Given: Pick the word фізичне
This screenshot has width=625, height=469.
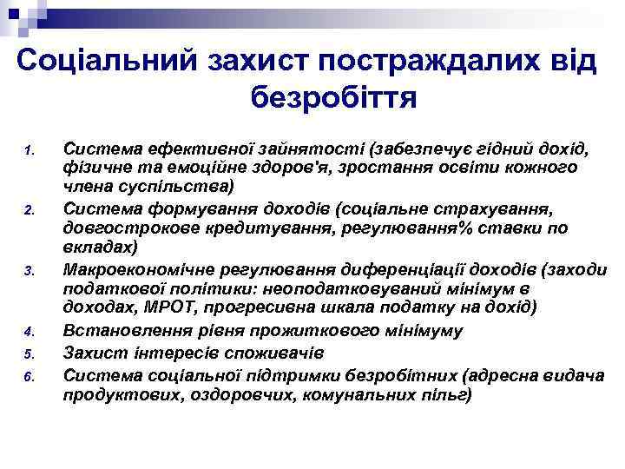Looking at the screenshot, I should point(95,165).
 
